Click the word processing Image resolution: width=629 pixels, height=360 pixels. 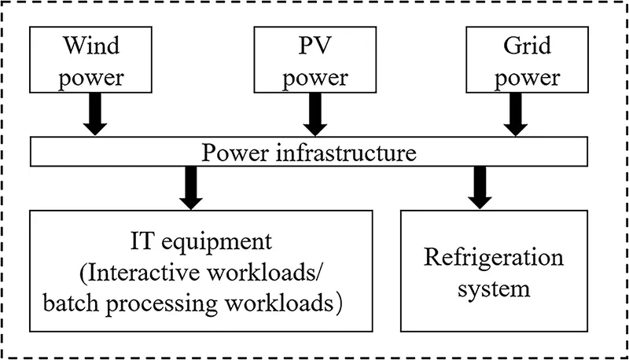click(x=160, y=302)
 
